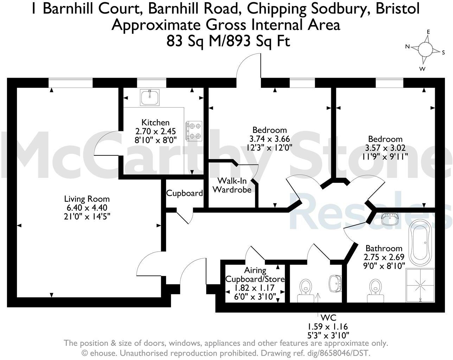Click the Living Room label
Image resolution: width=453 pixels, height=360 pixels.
click(87, 199)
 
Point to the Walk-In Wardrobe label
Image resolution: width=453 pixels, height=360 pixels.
click(232, 185)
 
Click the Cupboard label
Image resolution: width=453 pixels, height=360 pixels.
click(184, 193)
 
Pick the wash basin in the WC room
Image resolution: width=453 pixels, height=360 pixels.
click(335, 283)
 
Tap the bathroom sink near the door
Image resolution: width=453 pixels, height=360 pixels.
click(390, 219)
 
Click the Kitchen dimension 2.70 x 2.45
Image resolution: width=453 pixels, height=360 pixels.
click(155, 131)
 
